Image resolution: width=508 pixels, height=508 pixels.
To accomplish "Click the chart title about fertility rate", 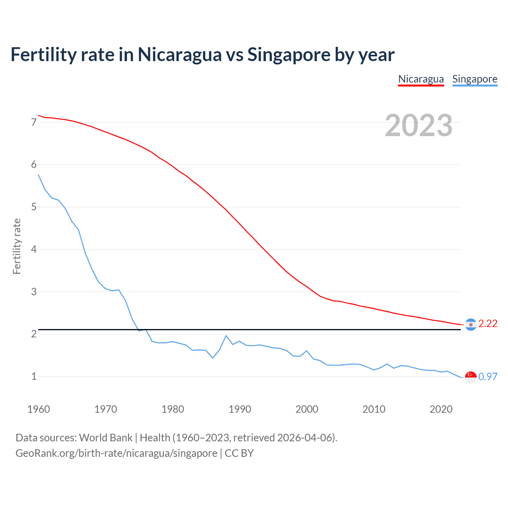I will [x=202, y=55].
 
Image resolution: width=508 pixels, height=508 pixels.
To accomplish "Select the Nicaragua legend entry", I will [x=421, y=79].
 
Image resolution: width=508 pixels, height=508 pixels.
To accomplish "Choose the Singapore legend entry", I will [x=475, y=79].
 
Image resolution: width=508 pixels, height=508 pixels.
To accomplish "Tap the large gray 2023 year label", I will [x=418, y=125].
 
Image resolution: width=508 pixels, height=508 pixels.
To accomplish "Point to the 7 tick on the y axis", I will [x=34, y=122].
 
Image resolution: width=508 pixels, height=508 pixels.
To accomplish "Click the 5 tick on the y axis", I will [x=34, y=207].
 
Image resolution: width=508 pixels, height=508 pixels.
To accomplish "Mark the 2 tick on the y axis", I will [x=34, y=334].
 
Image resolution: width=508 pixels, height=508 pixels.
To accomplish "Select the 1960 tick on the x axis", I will [x=38, y=409].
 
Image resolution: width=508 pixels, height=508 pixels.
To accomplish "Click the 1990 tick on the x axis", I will [x=240, y=409].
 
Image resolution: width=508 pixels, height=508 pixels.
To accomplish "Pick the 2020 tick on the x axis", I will [x=441, y=409].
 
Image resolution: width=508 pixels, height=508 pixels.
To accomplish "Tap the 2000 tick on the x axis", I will [x=307, y=409].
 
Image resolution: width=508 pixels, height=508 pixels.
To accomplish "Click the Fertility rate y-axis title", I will [x=17, y=246].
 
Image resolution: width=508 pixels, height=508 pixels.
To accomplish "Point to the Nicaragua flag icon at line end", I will [x=471, y=324].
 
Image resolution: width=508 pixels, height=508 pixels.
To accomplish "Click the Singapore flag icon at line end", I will [x=471, y=377].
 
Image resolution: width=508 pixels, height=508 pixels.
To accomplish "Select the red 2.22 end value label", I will [x=488, y=324].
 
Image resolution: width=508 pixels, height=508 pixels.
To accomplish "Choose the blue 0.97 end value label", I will [x=488, y=377].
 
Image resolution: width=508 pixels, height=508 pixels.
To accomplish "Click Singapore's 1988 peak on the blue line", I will [x=226, y=336].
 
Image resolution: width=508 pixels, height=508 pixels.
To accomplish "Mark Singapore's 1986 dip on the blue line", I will [x=213, y=358].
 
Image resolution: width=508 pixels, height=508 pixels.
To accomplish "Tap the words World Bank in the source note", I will [x=106, y=438].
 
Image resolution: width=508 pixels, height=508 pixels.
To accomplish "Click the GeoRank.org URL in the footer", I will [x=116, y=453].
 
